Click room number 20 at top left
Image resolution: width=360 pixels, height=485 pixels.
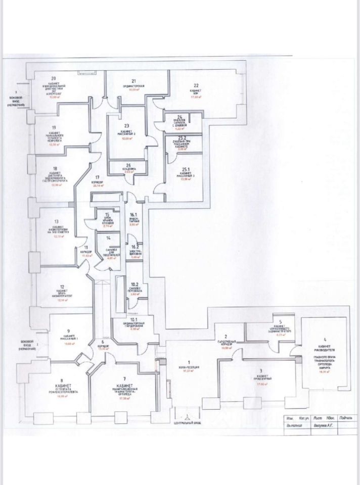(53, 78)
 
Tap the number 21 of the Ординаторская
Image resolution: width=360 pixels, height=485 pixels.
(134, 81)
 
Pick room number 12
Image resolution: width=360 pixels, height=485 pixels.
(61, 287)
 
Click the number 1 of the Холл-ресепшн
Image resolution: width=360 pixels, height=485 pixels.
(189, 362)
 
